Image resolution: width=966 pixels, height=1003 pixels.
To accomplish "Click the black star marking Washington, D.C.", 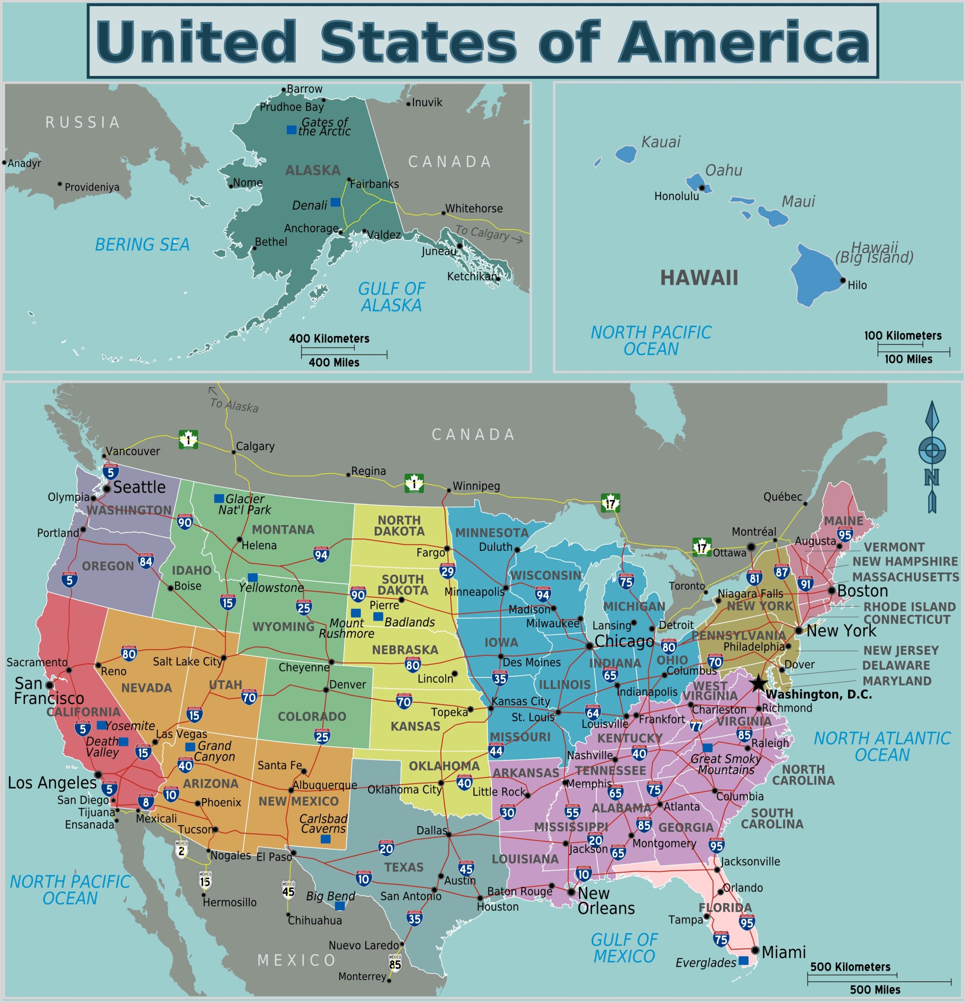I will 758,684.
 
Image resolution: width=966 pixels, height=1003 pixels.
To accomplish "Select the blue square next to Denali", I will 336,202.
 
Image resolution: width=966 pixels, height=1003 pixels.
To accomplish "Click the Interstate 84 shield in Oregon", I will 146,561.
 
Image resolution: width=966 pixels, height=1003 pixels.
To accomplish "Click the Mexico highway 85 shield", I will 395,963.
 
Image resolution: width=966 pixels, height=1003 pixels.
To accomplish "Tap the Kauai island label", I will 661,142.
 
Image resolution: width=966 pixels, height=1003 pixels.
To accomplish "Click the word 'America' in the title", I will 744,42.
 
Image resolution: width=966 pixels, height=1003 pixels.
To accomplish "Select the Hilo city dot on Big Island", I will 843,281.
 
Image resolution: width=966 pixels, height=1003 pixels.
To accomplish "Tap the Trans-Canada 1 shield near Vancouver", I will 188,439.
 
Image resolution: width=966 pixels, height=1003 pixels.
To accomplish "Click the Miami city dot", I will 755,950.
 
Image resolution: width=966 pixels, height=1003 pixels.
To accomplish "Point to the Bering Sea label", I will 142,244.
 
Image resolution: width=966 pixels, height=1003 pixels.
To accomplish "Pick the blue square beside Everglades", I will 744,961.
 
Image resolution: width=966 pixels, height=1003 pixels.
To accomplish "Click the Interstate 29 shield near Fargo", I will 448,571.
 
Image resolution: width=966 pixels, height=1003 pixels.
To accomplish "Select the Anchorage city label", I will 311,228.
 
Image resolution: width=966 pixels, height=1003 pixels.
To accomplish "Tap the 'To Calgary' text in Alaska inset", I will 482,233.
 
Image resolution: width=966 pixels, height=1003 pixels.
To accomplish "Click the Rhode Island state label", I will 909,607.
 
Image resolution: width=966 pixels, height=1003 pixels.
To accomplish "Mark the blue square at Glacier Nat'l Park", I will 219,498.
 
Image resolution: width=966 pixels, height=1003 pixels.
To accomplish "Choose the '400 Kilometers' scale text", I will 329,338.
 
